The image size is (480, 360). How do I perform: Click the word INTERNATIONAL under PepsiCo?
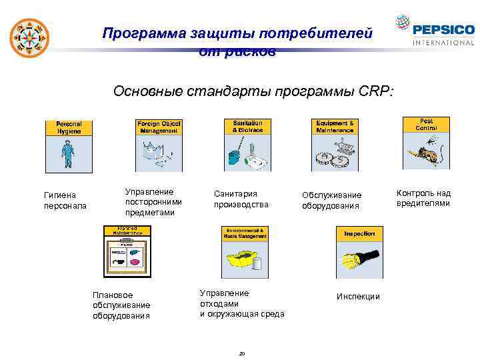[x=443, y=43]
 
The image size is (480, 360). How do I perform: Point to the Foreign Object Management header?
[x=159, y=127]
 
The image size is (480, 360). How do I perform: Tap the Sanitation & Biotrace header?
[x=247, y=127]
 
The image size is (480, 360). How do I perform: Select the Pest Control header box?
[x=426, y=124]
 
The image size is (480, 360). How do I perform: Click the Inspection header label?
[x=359, y=234]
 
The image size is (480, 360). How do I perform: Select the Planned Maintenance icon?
[x=127, y=251]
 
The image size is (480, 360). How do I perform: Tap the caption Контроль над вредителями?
[x=423, y=198]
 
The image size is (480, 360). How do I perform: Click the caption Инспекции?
[x=358, y=296]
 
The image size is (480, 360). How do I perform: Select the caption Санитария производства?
[x=241, y=199]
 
